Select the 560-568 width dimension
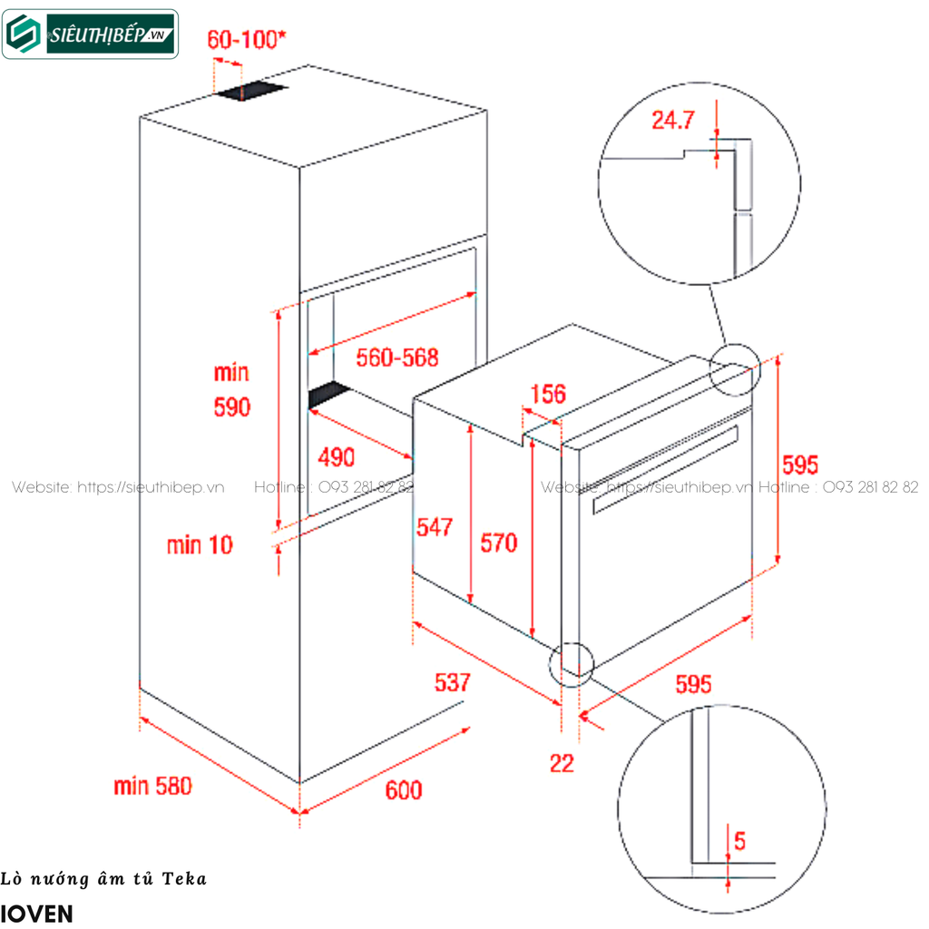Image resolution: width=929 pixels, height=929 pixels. pos(396,357)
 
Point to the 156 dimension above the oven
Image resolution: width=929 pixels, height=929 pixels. pos(547,394)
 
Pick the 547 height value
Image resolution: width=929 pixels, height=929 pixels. pos(435,526)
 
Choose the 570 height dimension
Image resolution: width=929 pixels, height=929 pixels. pos(498,543)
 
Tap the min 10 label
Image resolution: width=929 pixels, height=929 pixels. pos(199,544)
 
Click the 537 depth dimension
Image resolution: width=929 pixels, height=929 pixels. pos(452,682)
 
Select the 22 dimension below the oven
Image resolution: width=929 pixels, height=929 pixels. pos(562,764)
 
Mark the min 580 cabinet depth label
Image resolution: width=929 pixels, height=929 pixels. pos(153,786)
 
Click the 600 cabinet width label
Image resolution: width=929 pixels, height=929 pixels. pos(404,790)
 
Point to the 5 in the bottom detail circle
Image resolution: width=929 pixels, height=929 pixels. pos(740,841)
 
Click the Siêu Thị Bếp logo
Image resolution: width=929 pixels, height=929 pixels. pos(91,34)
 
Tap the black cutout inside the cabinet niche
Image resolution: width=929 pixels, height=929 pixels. pos(328,395)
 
